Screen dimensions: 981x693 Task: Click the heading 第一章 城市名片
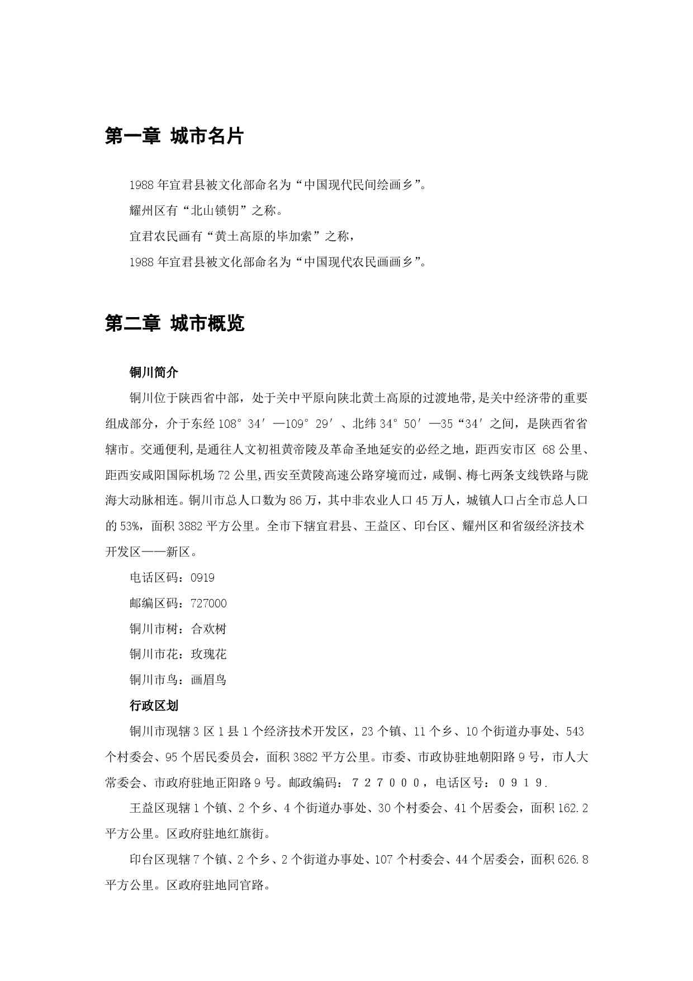click(174, 136)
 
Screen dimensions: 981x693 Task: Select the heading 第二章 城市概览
click(174, 323)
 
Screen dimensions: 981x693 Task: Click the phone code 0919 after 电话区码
click(202, 578)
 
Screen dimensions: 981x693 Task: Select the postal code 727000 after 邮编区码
click(208, 603)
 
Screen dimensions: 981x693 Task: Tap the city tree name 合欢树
click(208, 629)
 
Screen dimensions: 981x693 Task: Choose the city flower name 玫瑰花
click(208, 654)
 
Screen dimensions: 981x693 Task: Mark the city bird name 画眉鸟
click(208, 680)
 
